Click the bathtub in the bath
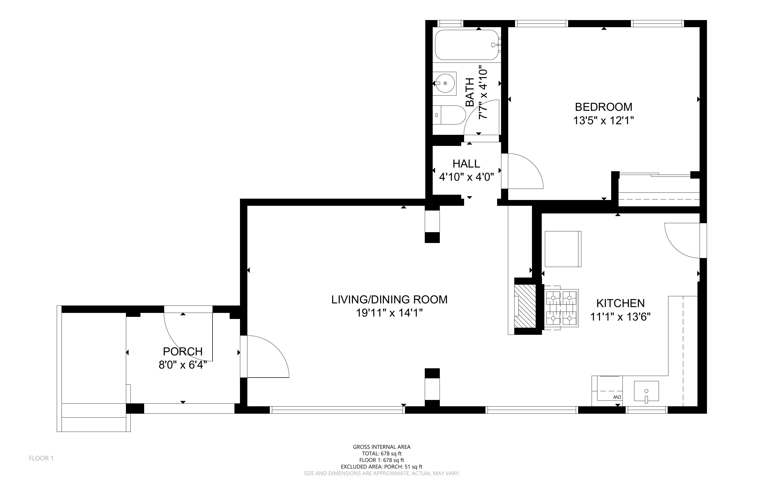click(x=466, y=45)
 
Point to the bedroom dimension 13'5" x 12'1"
click(x=603, y=121)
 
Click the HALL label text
click(x=466, y=164)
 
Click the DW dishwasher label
click(x=617, y=397)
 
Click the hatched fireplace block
click(x=525, y=306)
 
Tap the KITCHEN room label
click(x=620, y=303)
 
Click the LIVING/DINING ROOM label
click(x=389, y=299)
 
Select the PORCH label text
click(x=182, y=351)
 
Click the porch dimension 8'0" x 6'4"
click(x=182, y=365)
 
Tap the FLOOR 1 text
click(x=41, y=458)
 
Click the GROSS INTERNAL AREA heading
click(x=381, y=447)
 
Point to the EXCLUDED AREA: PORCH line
click(x=381, y=467)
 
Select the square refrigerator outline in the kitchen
click(x=563, y=249)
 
